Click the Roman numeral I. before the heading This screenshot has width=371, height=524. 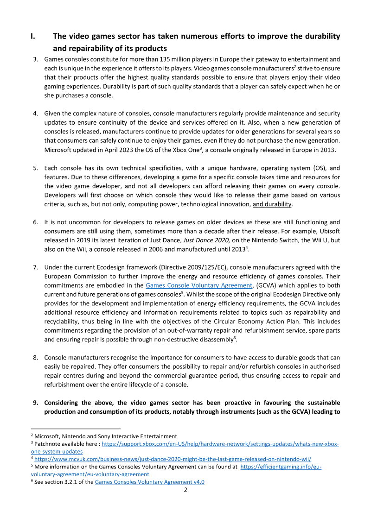click(33, 36)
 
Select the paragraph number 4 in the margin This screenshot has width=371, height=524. click(35, 114)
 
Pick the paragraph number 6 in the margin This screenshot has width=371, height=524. click(35, 222)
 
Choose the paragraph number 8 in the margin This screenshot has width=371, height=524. click(35, 358)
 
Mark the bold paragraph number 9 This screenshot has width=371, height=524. click(35, 403)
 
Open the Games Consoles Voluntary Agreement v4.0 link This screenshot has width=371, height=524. click(150, 482)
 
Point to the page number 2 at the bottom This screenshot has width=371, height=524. click(185, 490)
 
